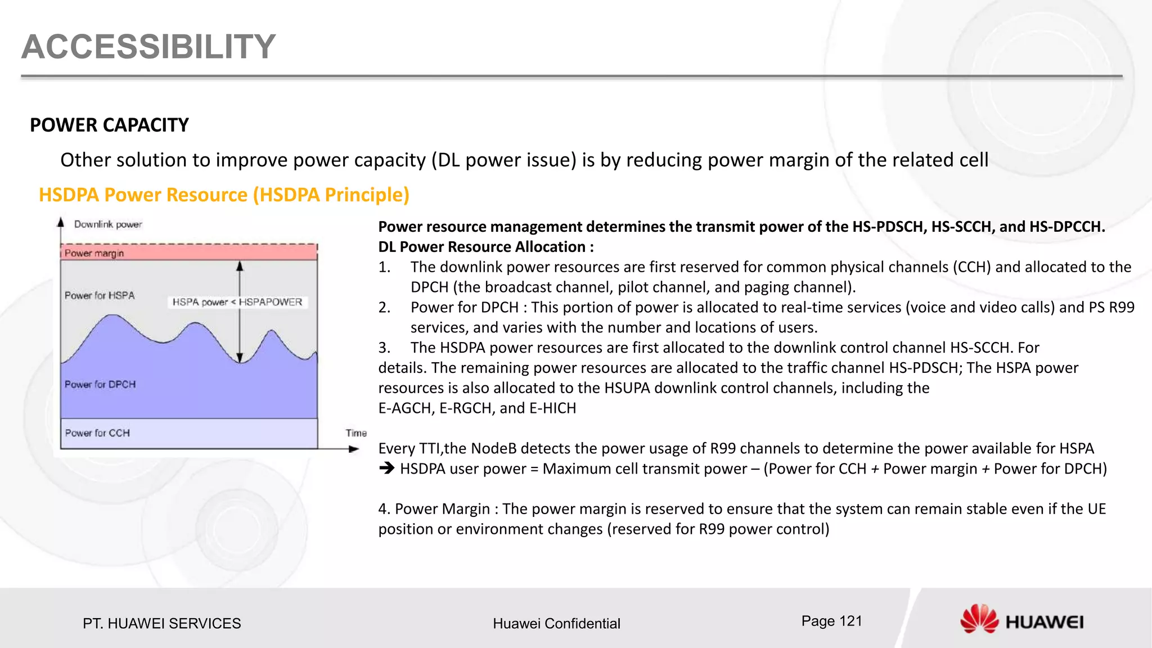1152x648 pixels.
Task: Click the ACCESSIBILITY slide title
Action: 148,47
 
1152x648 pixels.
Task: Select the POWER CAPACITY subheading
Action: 109,125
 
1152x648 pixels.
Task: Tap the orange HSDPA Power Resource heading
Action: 224,195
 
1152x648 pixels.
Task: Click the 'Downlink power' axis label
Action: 108,224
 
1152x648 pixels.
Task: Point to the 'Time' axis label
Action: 356,433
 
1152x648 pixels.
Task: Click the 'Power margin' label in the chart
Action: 94,253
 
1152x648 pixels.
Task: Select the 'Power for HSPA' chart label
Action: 100,295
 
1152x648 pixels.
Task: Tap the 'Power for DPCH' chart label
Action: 100,384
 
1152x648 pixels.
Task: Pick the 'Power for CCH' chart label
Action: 97,433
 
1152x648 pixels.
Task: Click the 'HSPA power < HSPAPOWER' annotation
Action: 237,302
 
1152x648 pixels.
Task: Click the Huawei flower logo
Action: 979,619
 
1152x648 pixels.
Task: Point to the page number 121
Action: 831,621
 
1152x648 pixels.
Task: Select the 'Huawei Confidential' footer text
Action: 556,623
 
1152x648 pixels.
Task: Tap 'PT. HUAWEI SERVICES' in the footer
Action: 161,623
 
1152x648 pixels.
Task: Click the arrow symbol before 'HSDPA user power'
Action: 386,468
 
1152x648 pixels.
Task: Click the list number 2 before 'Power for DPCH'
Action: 384,308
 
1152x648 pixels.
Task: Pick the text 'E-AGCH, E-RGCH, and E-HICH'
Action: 477,408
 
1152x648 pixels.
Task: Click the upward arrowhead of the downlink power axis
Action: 61,222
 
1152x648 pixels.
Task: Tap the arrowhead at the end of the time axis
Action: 354,449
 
